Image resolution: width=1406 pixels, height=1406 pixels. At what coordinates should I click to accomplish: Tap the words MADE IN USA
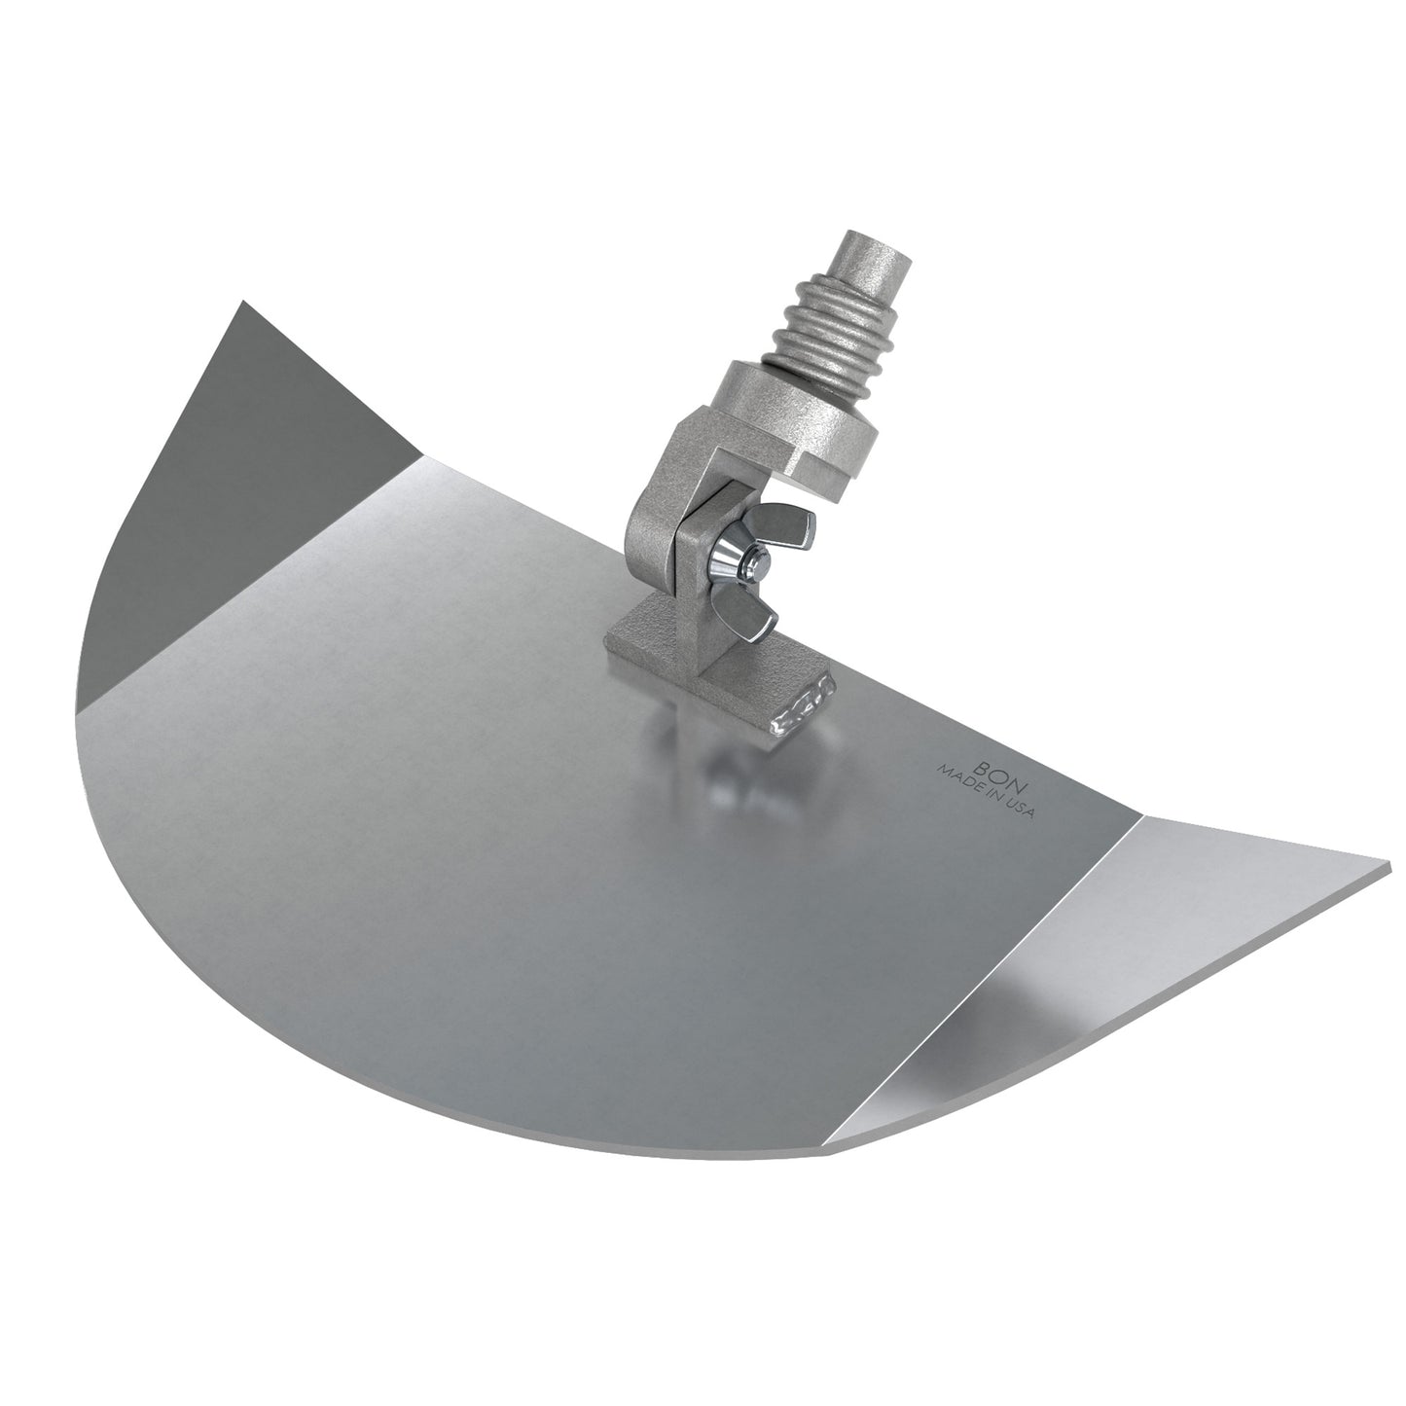click(987, 792)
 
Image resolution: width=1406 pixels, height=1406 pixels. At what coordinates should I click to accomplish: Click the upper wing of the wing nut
click(781, 523)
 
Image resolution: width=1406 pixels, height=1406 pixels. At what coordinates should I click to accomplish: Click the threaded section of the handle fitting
click(836, 340)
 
